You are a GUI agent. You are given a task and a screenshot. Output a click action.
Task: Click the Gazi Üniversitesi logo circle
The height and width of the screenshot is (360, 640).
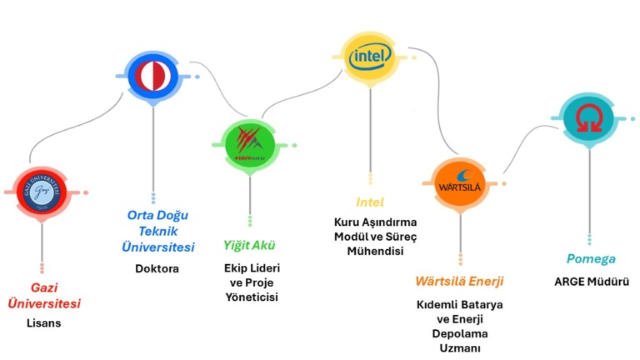[42, 192]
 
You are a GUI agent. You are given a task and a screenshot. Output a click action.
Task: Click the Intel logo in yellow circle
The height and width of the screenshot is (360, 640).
[369, 57]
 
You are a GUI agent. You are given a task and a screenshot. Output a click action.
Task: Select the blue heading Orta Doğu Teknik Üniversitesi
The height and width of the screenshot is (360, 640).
[156, 231]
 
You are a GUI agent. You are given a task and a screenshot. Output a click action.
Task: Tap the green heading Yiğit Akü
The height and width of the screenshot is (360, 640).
[249, 246]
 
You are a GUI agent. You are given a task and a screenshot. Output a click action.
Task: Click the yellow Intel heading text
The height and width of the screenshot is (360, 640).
[369, 202]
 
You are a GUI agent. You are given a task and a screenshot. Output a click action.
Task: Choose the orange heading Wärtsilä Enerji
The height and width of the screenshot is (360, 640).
[459, 281]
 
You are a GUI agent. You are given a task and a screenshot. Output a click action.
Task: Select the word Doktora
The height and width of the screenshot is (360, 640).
[157, 268]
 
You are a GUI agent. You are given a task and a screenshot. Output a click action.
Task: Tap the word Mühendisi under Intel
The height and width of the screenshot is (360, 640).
[375, 252]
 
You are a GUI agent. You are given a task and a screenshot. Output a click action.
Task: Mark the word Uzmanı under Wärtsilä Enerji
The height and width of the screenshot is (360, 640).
[460, 347]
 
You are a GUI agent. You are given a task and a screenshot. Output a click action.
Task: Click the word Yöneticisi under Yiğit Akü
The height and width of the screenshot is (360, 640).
[251, 297]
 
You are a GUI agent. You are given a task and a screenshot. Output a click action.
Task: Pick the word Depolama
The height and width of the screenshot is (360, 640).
[460, 333]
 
